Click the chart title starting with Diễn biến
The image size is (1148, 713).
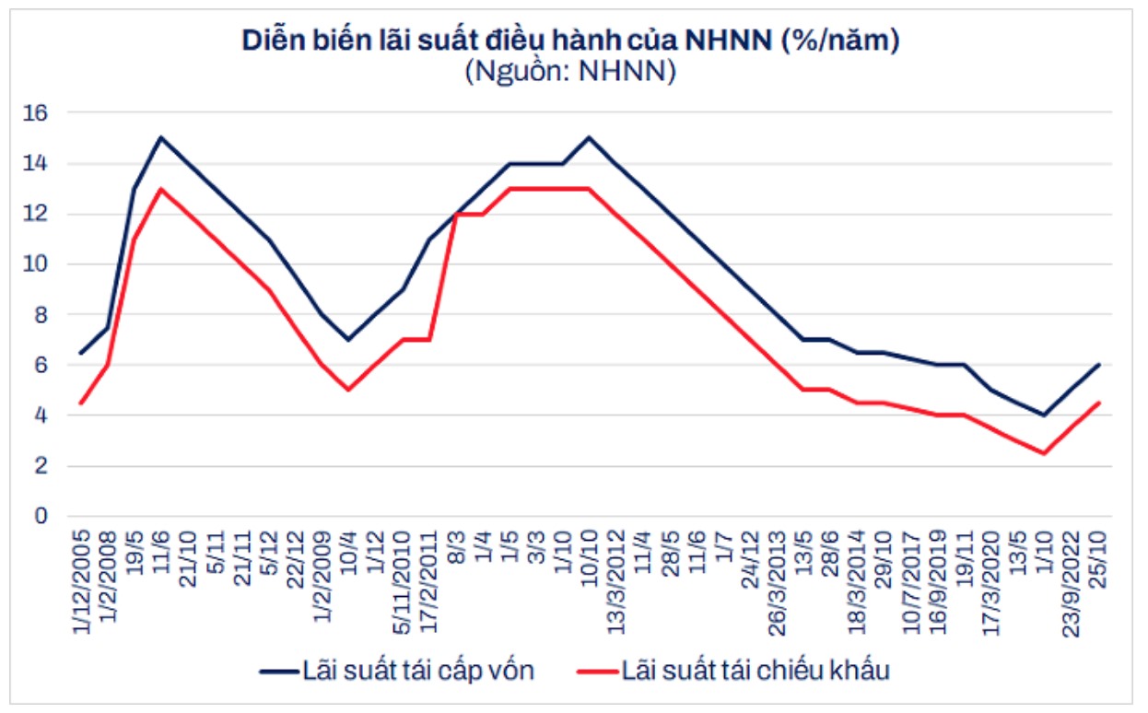click(x=570, y=41)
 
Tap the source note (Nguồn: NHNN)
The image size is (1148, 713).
click(x=570, y=72)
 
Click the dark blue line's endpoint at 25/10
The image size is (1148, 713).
click(x=1099, y=365)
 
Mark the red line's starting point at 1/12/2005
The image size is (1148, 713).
click(x=81, y=403)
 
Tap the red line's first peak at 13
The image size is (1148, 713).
click(x=161, y=189)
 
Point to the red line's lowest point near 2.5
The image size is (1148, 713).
click(x=1043, y=453)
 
